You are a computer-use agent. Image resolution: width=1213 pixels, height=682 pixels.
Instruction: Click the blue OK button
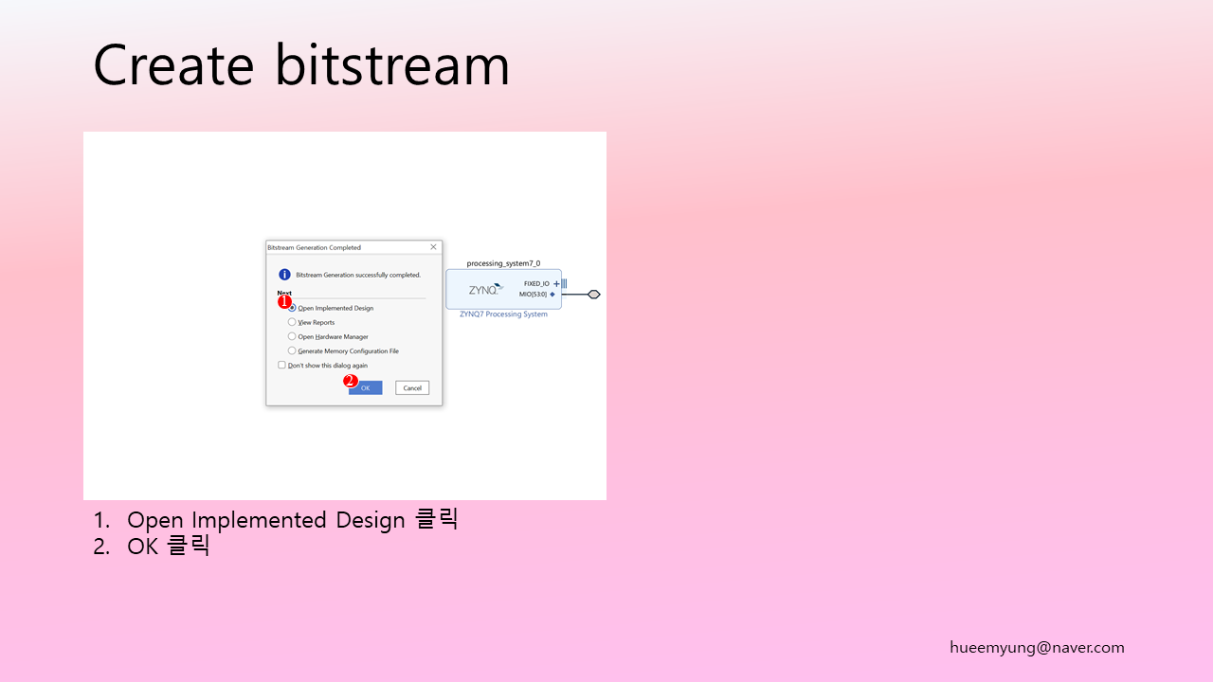(366, 387)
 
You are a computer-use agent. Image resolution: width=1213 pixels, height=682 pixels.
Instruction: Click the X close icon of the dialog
(433, 247)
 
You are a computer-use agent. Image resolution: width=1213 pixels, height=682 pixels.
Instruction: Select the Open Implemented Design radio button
(293, 308)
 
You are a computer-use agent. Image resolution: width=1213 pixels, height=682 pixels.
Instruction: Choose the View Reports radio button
(292, 322)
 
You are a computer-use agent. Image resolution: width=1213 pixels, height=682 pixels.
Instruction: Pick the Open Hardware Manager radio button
(292, 336)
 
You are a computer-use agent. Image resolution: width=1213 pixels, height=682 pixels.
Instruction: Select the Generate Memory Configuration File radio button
(292, 350)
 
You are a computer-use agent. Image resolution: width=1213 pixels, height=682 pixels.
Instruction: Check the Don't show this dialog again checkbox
(281, 365)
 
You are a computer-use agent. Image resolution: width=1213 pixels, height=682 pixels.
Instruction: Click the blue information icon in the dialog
(284, 275)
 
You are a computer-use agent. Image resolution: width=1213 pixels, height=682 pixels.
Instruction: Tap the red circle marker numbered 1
(284, 301)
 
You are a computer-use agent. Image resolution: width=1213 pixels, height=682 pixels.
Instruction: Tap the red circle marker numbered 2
(350, 381)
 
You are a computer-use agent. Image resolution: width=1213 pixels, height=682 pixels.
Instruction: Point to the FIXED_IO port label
(536, 283)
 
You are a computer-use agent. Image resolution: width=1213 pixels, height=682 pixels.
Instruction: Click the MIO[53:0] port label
(533, 295)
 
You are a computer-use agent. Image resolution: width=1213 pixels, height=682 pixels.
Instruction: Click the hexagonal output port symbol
(594, 295)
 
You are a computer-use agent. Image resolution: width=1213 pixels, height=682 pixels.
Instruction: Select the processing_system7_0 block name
(503, 263)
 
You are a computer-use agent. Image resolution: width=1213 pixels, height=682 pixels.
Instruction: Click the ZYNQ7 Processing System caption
(503, 314)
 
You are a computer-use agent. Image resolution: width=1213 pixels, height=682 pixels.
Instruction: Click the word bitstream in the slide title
(392, 65)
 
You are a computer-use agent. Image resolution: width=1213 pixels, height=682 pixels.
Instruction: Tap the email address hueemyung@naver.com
(1037, 647)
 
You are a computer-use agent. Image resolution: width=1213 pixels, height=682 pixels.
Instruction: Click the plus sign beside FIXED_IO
(556, 283)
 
